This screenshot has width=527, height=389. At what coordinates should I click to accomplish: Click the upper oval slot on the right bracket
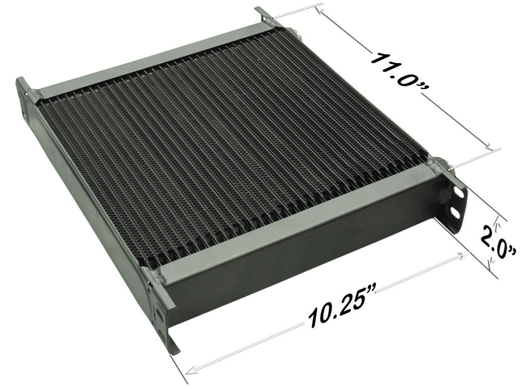(x=457, y=192)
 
